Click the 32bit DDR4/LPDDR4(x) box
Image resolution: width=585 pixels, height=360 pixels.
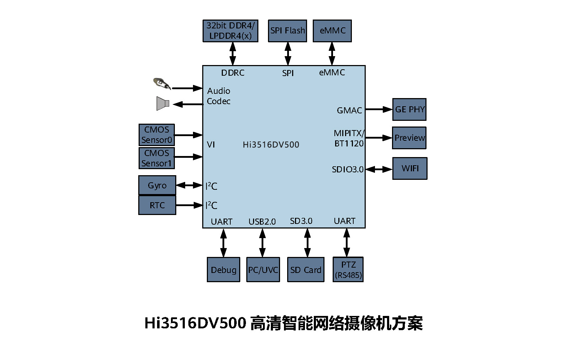[x=230, y=31]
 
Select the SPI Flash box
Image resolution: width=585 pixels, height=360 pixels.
[x=287, y=31]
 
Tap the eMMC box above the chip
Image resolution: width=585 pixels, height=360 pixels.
[x=332, y=31]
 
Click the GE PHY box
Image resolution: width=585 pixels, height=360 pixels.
[x=409, y=109]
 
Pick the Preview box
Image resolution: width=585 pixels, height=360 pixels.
[x=409, y=138]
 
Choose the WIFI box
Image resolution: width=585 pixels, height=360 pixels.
[x=410, y=168]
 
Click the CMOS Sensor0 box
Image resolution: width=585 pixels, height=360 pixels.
[x=157, y=135]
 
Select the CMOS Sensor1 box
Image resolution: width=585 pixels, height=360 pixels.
[x=157, y=158]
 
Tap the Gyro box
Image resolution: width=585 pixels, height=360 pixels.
[x=157, y=185]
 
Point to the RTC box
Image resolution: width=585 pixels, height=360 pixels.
[x=157, y=205]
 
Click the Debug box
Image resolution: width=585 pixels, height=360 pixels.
[x=224, y=270]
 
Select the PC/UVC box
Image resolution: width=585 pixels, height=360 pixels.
[x=263, y=270]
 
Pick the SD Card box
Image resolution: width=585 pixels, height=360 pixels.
[x=306, y=270]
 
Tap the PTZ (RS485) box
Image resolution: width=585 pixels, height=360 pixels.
[x=348, y=270]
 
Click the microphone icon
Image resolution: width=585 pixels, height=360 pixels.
[x=162, y=84]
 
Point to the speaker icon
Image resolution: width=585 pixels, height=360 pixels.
[x=162, y=103]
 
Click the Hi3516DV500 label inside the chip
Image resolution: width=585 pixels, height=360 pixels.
[x=271, y=145]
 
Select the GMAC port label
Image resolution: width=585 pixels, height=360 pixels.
[x=349, y=111]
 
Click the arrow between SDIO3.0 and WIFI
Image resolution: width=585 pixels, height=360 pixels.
[x=379, y=169]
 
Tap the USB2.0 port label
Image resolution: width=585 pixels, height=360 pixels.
[x=262, y=222]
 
